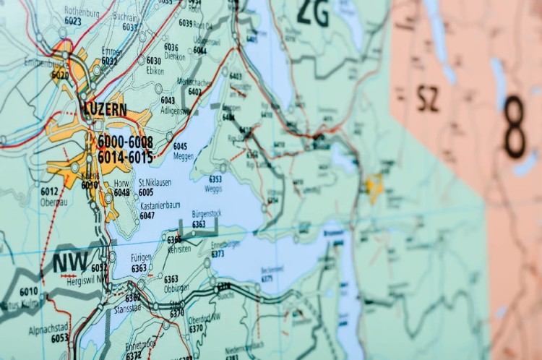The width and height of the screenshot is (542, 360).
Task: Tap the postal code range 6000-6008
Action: pos(125,141)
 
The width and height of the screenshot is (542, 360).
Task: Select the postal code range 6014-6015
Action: pos(125,157)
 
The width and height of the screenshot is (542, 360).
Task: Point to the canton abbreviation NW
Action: pos(70,262)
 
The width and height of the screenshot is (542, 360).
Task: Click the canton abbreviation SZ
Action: pos(428,98)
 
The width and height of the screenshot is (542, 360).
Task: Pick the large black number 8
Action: pos(515,127)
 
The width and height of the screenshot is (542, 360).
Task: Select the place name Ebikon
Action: pos(155,70)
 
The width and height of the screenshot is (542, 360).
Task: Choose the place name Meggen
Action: pos(184,155)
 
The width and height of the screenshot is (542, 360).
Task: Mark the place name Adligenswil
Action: pos(176,111)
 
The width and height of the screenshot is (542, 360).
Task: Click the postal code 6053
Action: pos(60,338)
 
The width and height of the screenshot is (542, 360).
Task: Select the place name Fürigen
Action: pos(141,257)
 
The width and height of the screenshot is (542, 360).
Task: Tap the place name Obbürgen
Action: pos(176,288)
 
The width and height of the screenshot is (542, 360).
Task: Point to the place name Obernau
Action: pos(49,201)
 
